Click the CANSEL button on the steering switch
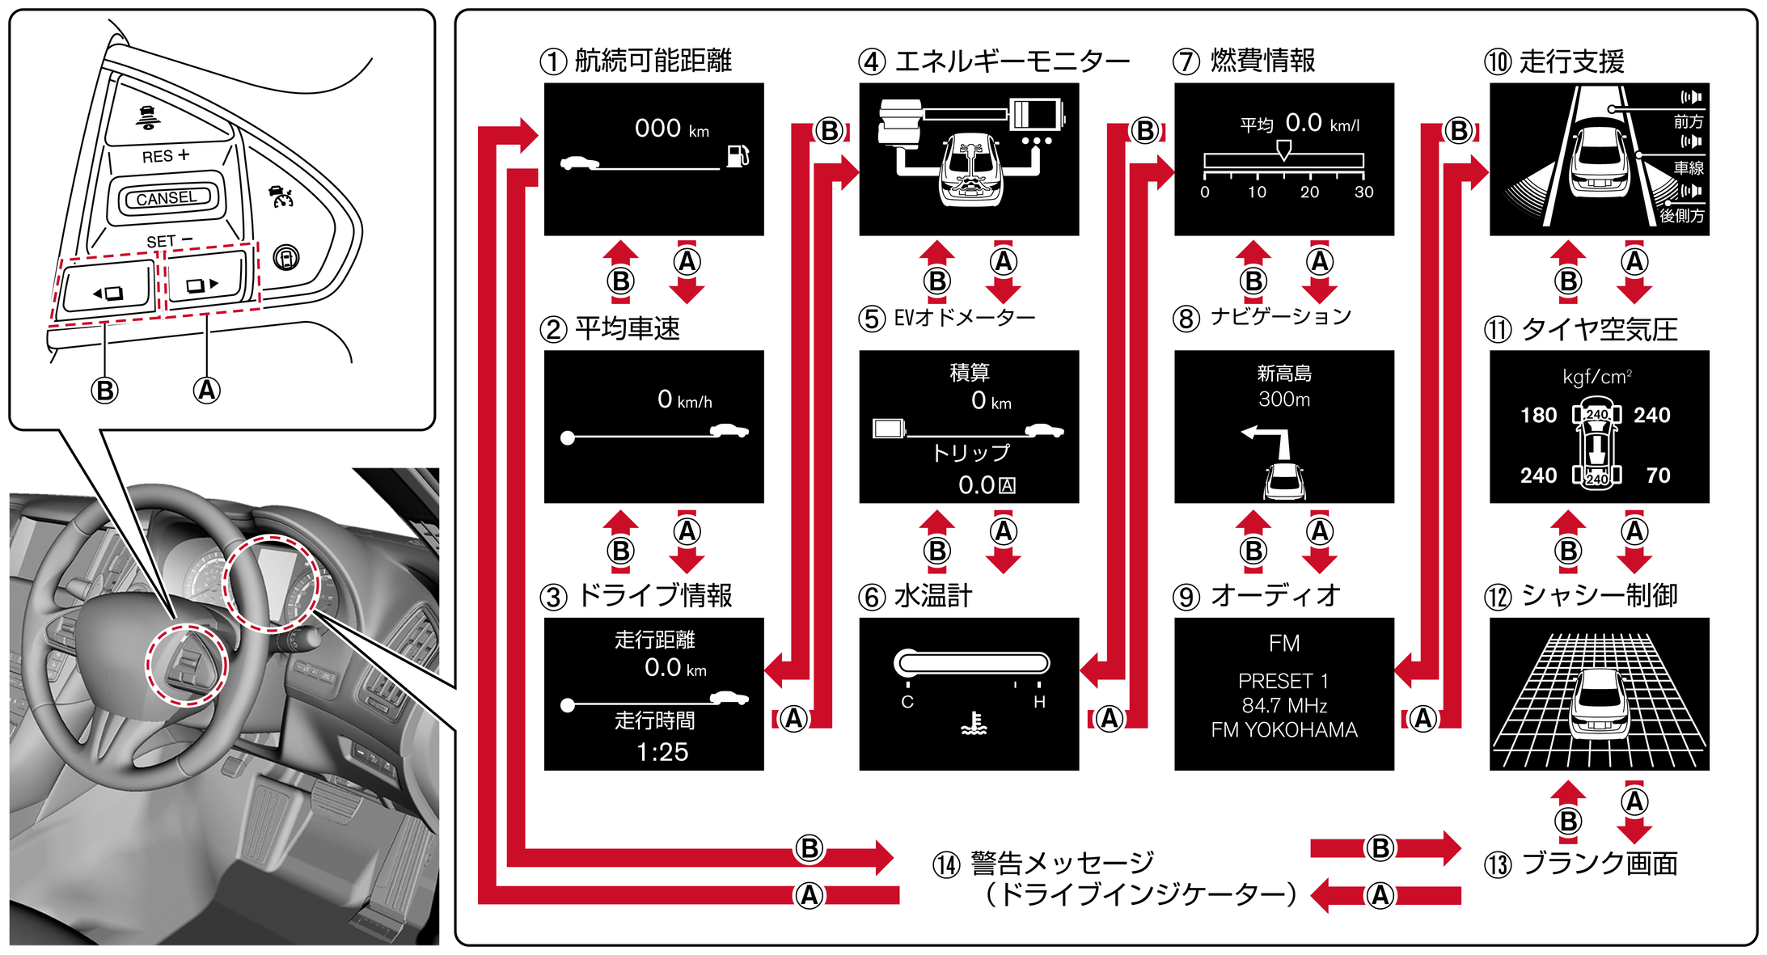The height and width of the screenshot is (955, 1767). [167, 198]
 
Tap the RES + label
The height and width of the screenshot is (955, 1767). [165, 155]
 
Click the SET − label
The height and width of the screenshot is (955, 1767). [169, 241]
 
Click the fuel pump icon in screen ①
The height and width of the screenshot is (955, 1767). [738, 154]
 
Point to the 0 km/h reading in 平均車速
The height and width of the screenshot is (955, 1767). [684, 399]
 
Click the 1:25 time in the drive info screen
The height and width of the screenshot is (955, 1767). [662, 752]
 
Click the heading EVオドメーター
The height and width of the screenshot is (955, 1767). [964, 317]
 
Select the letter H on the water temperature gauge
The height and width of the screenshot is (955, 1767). [1039, 702]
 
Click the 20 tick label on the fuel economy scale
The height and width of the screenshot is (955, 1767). [1309, 192]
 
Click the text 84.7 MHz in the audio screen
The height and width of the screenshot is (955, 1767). [1284, 705]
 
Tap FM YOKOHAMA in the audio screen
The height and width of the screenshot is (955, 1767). [1284, 730]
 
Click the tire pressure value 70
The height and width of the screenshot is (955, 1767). [1658, 475]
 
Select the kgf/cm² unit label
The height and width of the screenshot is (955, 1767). [1597, 377]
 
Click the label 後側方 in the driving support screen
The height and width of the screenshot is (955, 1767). [1681, 216]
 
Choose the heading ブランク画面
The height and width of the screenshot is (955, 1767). [1599, 864]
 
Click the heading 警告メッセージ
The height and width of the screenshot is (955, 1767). [1062, 864]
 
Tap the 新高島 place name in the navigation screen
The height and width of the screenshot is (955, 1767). [1284, 374]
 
